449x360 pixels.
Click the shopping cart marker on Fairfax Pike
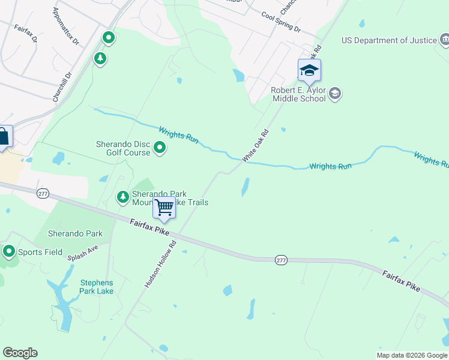[164, 208]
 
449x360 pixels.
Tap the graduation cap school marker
[309, 71]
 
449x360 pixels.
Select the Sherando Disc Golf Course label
[123, 148]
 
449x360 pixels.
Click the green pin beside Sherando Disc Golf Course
[160, 147]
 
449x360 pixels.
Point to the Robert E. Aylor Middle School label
[298, 94]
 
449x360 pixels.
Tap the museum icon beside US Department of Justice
[445, 40]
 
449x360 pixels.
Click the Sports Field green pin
[9, 251]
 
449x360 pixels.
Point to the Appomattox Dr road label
[66, 27]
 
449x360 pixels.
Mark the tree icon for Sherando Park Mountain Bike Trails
[122, 197]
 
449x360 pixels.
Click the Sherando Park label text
[76, 234]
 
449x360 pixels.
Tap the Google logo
[20, 353]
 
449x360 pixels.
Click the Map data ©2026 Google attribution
[412, 355]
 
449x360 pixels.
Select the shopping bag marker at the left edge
[3, 137]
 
